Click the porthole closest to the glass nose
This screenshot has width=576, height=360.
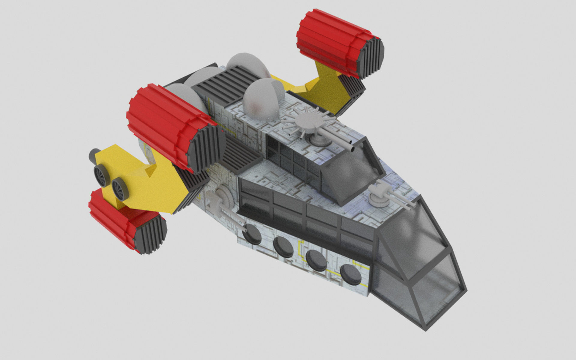click(x=351, y=274)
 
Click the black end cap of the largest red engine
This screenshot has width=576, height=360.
click(x=207, y=147)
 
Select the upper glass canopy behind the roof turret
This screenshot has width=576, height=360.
click(x=354, y=171)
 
